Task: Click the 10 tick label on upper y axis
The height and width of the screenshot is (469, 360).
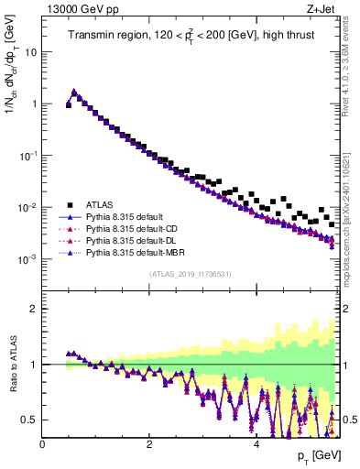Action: coord(31,52)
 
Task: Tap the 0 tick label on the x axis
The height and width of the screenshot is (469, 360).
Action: coord(43,444)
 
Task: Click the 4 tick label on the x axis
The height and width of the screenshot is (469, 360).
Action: coord(256,444)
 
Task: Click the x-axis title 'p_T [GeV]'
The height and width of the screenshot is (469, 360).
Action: coord(318,457)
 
